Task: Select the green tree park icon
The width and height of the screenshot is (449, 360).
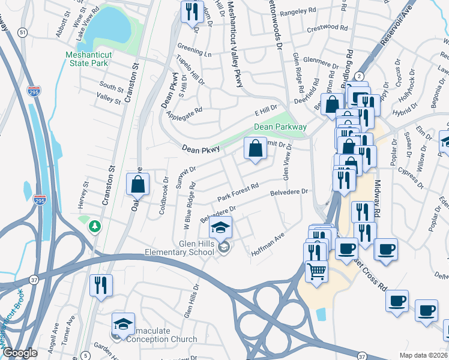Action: coord(94,226)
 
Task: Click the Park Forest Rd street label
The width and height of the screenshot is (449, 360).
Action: coord(238,193)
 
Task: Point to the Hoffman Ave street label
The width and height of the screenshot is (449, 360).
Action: coord(268,246)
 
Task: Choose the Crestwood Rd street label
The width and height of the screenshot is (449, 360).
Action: coord(327,28)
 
